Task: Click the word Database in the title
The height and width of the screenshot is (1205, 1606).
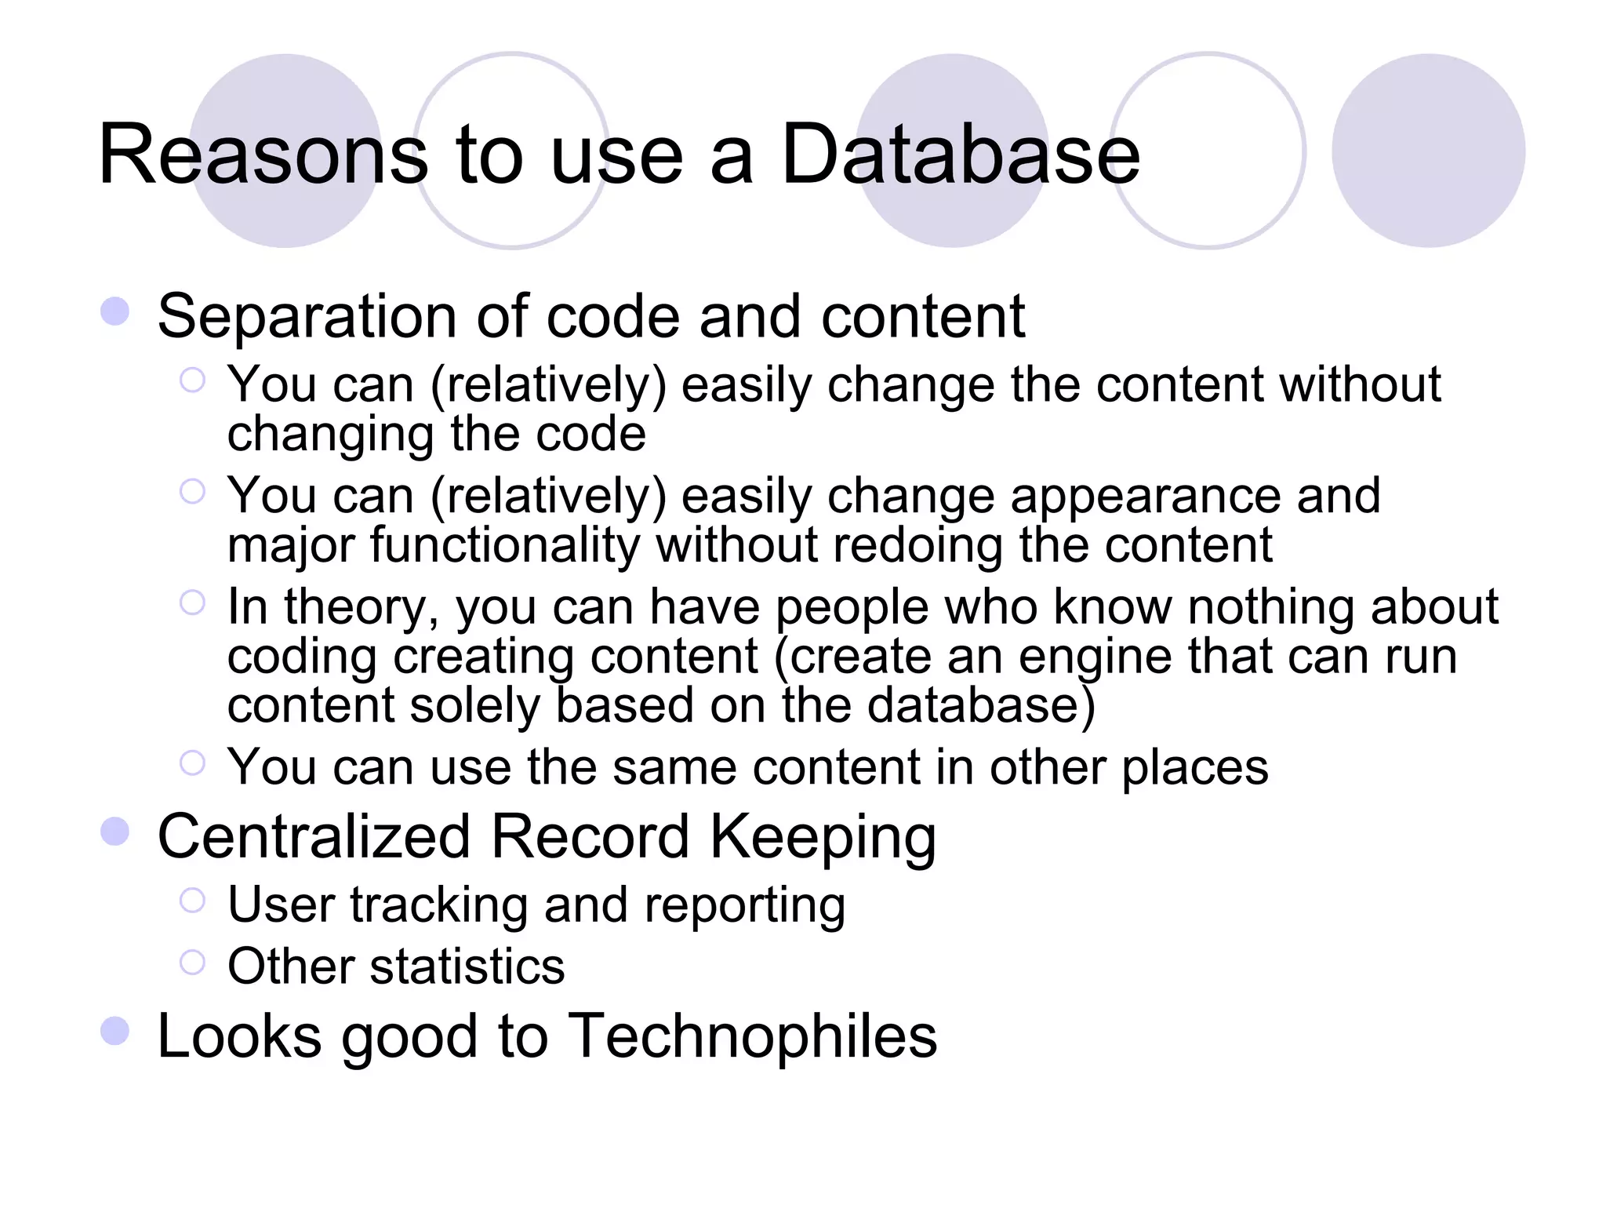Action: tap(961, 155)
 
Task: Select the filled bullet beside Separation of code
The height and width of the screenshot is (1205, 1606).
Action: tap(115, 311)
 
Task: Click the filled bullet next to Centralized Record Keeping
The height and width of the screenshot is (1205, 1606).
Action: tap(115, 832)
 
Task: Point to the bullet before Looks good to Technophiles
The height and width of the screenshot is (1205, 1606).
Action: tap(115, 1031)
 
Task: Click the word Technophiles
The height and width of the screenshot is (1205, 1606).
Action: tap(752, 1036)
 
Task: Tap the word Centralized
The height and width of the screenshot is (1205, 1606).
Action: tap(314, 836)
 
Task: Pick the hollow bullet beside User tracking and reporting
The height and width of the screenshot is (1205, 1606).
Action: tap(192, 900)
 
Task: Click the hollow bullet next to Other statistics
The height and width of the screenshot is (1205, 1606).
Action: tap(192, 962)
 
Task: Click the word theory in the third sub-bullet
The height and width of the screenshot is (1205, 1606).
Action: tap(362, 608)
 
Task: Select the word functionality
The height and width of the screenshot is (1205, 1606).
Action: tap(505, 545)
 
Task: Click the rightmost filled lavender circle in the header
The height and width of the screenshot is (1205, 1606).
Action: tap(1428, 151)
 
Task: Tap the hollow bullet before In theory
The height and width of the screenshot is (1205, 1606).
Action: tap(192, 602)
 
